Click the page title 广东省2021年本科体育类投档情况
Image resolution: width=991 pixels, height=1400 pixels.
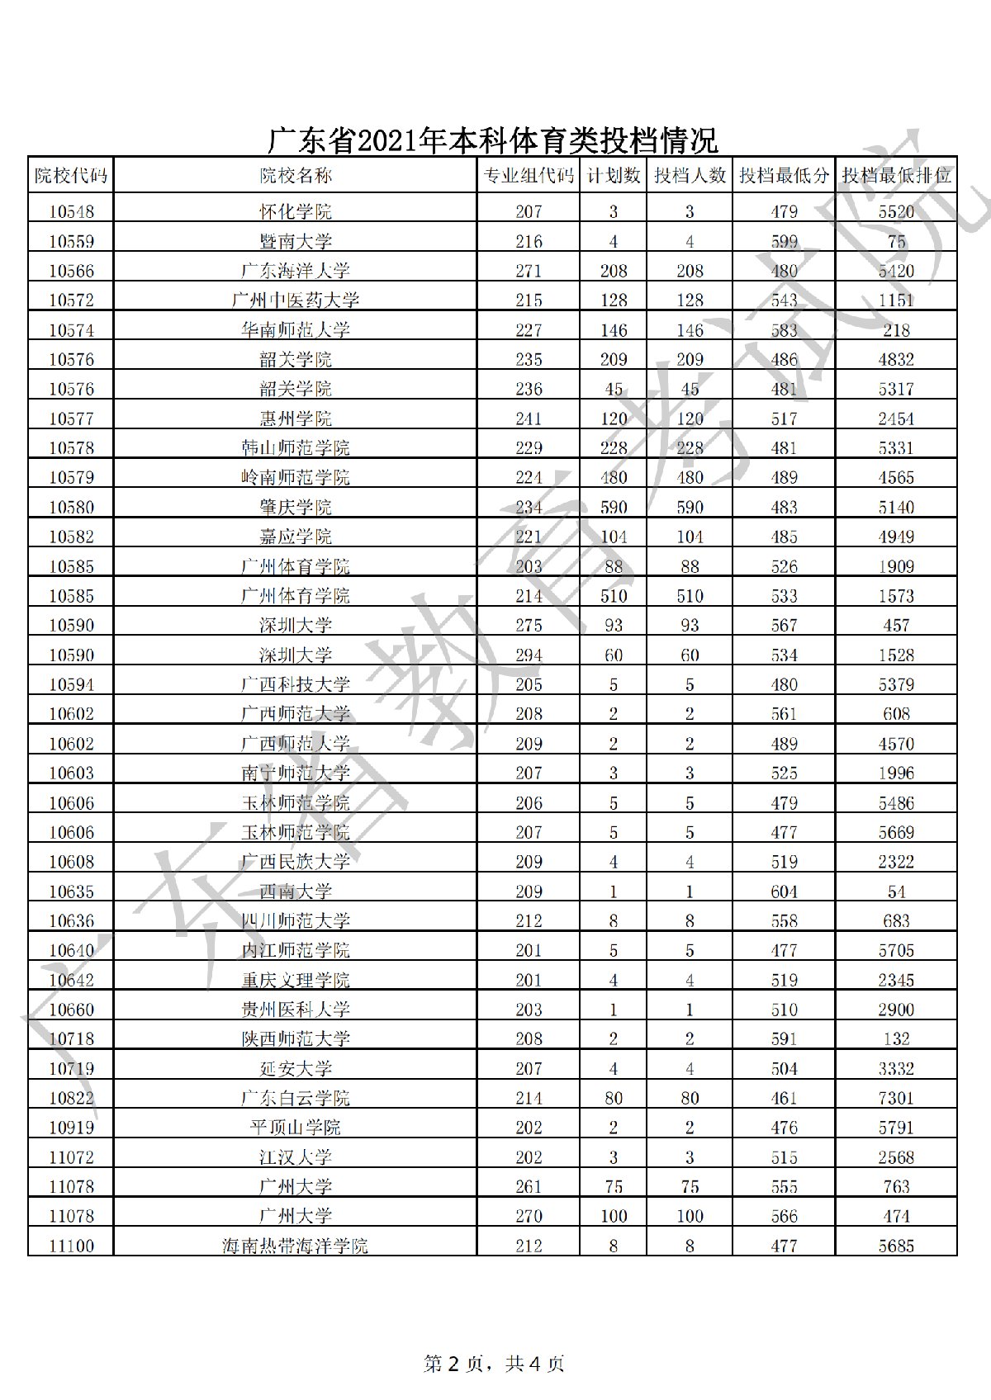click(493, 140)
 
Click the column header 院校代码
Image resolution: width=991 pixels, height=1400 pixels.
click(71, 175)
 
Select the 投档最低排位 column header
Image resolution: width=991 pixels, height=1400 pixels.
click(896, 175)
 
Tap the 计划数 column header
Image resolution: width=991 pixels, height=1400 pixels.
click(613, 175)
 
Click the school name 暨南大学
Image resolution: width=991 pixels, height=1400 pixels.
click(296, 242)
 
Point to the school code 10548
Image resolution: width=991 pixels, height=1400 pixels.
click(71, 212)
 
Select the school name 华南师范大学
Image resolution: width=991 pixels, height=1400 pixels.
click(296, 330)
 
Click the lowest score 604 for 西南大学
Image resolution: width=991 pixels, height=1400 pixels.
click(784, 892)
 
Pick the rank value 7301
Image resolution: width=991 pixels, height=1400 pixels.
click(896, 1098)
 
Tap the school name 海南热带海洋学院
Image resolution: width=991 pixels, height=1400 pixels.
click(296, 1246)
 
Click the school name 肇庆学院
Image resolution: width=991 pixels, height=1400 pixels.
click(296, 507)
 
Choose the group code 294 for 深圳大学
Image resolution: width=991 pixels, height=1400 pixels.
click(529, 655)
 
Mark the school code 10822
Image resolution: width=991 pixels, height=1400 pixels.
click(71, 1098)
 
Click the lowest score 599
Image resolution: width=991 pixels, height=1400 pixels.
click(784, 242)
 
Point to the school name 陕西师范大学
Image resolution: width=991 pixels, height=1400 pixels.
click(296, 1038)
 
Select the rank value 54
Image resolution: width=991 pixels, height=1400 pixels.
click(896, 892)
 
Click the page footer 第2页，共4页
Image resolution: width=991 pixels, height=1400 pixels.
click(494, 1364)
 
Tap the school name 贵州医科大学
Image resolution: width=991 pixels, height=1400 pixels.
click(296, 1010)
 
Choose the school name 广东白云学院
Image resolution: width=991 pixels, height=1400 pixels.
click(296, 1098)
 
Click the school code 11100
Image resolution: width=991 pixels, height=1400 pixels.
click(71, 1246)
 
